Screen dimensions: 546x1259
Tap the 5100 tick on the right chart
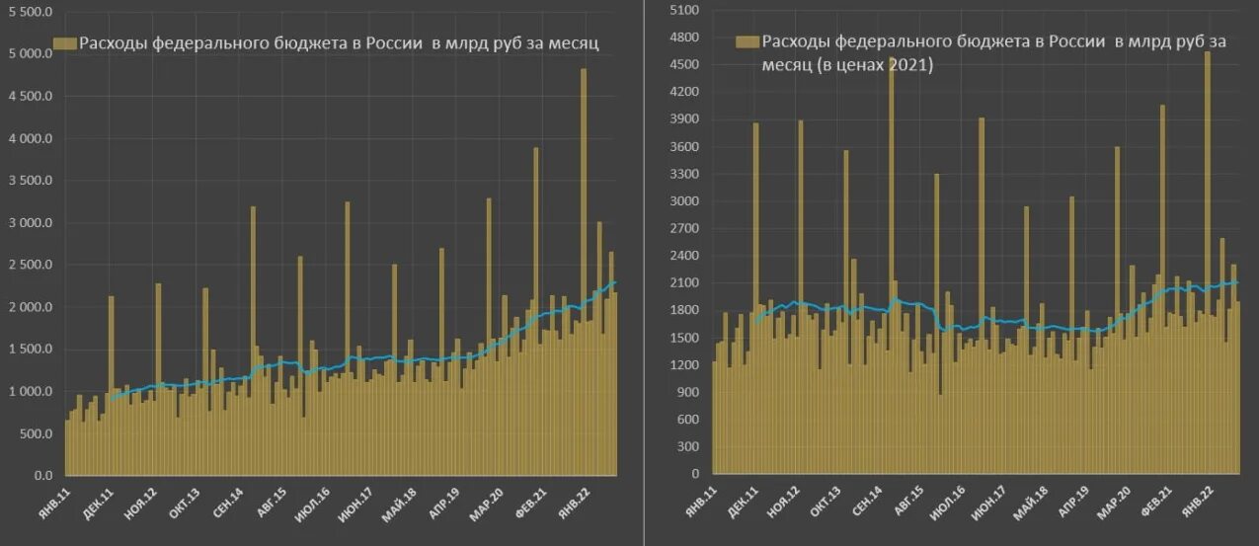click(684, 11)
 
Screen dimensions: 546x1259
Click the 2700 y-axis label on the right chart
click(684, 228)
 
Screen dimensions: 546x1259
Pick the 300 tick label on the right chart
click(687, 446)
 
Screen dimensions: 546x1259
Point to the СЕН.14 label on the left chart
click(230, 504)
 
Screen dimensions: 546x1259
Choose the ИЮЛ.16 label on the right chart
click(937, 504)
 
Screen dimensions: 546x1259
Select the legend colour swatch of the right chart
click(747, 41)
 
